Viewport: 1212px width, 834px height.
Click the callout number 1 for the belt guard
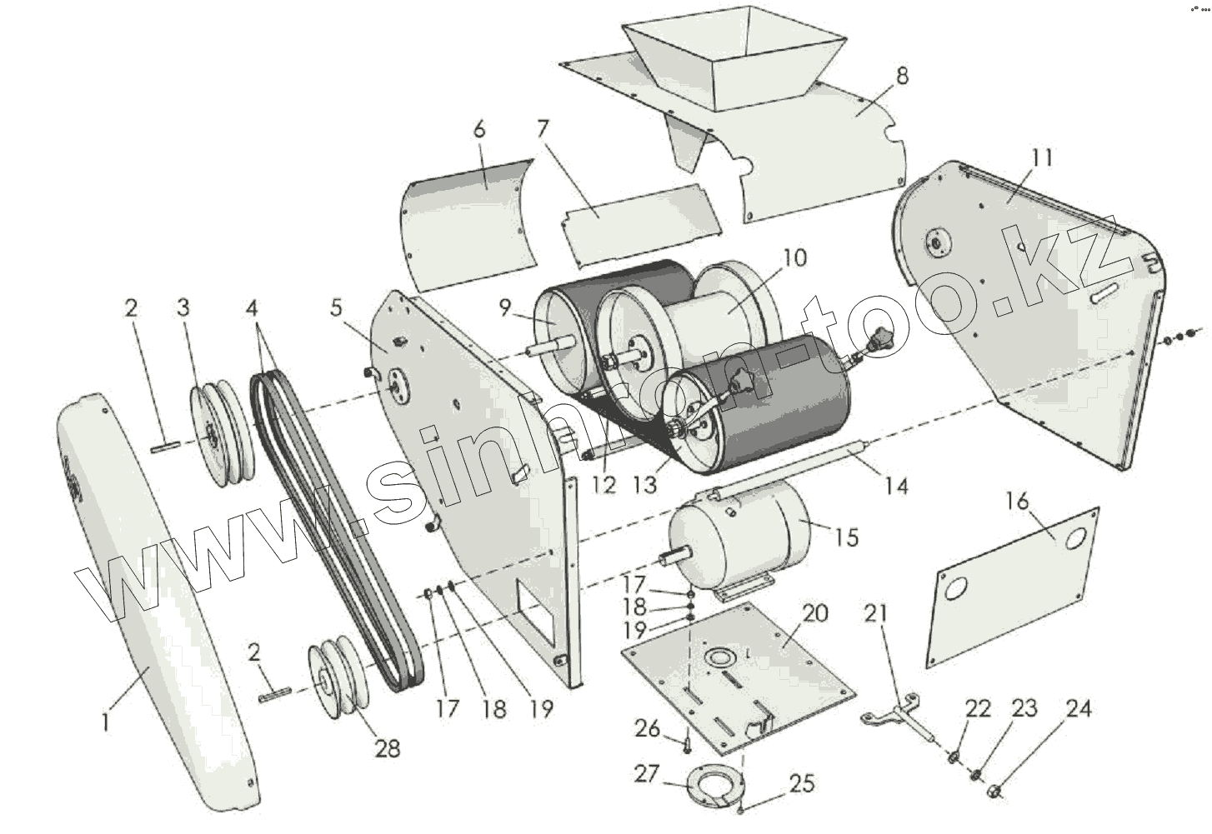pyautogui.click(x=105, y=721)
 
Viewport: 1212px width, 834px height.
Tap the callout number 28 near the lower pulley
pyautogui.click(x=388, y=747)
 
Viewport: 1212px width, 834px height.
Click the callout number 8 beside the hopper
pyautogui.click(x=901, y=76)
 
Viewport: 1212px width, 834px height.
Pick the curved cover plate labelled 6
pyautogui.click(x=467, y=221)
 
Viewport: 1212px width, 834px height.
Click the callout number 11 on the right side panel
pyautogui.click(x=1042, y=158)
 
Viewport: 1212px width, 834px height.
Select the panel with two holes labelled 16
pyautogui.click(x=1013, y=583)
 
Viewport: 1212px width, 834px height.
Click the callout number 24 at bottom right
pyautogui.click(x=1078, y=709)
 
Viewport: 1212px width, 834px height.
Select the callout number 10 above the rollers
pyautogui.click(x=795, y=257)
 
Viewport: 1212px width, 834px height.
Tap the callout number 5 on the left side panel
pyautogui.click(x=336, y=307)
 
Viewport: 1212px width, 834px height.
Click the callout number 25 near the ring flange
pyautogui.click(x=802, y=785)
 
